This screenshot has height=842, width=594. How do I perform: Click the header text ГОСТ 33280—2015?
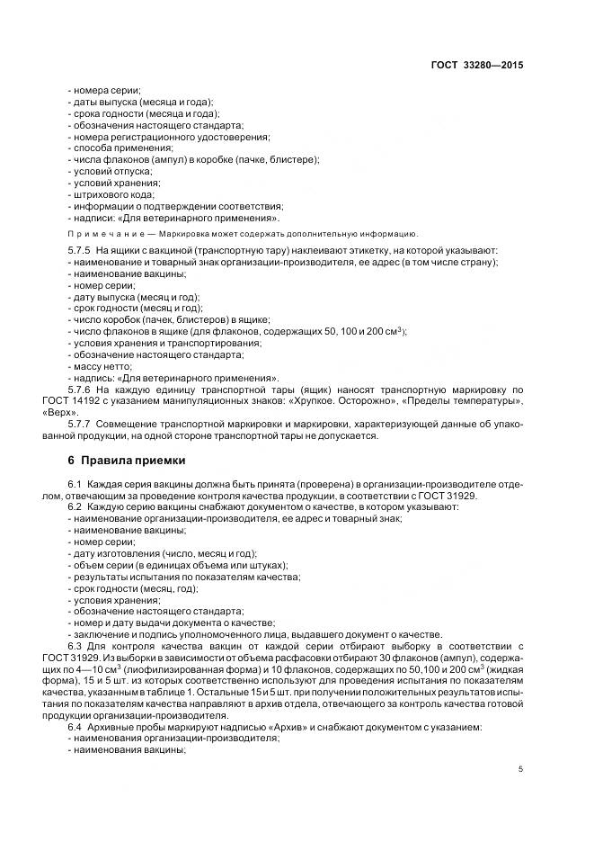pyautogui.click(x=479, y=66)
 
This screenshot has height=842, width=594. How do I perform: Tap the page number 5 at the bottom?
pyautogui.click(x=521, y=769)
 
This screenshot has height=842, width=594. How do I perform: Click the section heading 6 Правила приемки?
pyautogui.click(x=120, y=461)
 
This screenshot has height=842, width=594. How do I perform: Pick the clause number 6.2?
pyautogui.click(x=75, y=506)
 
